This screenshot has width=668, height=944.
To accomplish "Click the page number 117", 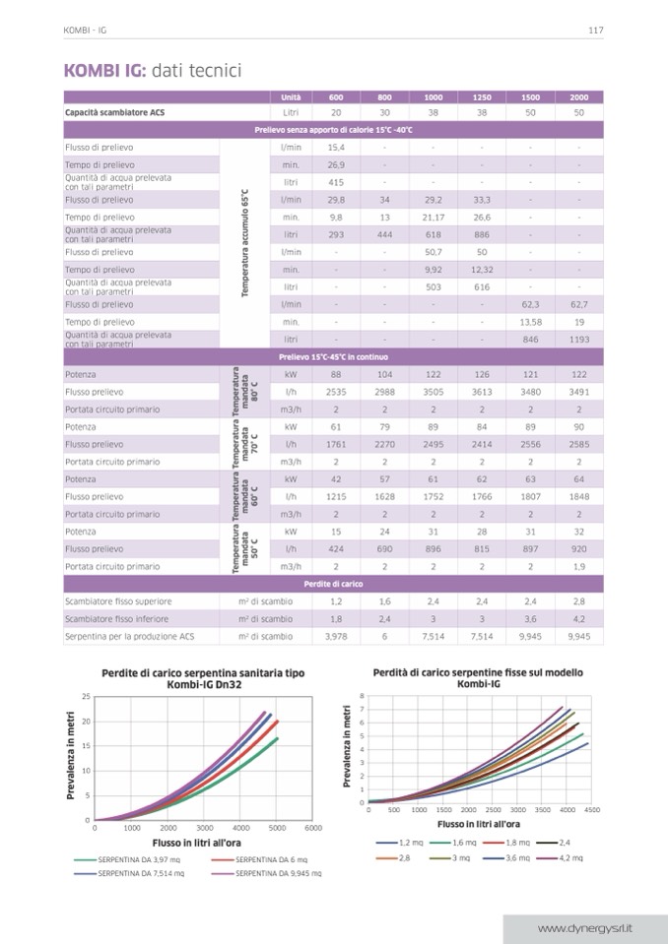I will (x=595, y=30).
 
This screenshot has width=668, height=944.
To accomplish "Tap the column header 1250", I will (x=482, y=97).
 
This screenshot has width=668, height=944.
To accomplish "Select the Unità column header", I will (x=291, y=97).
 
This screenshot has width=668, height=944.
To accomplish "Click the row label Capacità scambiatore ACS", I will (x=114, y=113).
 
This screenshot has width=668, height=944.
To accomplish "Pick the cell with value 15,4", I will (x=335, y=147).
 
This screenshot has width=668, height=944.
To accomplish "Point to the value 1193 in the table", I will (x=579, y=339).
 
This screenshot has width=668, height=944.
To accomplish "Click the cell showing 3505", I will (x=434, y=392).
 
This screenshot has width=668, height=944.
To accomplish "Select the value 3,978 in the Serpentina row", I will (x=335, y=637).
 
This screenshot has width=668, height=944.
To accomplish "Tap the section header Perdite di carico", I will (x=334, y=584).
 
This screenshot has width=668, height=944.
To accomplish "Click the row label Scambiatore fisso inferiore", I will (x=116, y=619).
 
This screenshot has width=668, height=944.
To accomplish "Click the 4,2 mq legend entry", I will (x=568, y=857).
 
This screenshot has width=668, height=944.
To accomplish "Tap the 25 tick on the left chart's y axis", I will (x=86, y=697).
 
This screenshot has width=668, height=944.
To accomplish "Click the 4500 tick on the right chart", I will (x=592, y=809).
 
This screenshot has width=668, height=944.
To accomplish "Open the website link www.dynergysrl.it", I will (x=585, y=928).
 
